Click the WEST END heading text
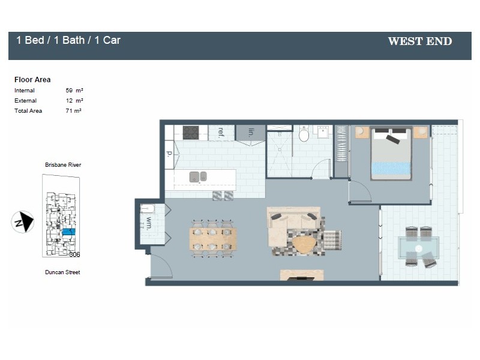pos(419,41)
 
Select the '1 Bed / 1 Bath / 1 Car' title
pos(68,40)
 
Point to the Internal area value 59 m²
pos(74,90)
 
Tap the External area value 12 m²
pos(74,101)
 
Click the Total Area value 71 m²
pos(73,111)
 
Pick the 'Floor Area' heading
pos(32,79)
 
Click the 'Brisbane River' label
pos(62,164)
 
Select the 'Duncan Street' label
pos(62,272)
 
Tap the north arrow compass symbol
pos(23,222)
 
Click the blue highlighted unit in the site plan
pos(68,231)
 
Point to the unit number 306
pos(74,254)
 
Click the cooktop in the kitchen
pos(191,132)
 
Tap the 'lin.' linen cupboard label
pos(251,132)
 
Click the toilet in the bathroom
pos(304,134)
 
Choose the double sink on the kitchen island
pos(198,176)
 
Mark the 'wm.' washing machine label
pos(148,223)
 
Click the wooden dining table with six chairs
pos(212,239)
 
